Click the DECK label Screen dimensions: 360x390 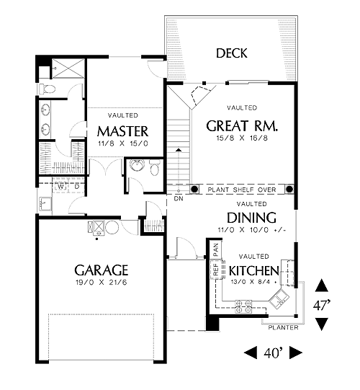232,53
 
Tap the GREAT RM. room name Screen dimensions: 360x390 242,126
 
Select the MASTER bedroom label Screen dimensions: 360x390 123,131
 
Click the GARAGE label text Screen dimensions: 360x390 101,270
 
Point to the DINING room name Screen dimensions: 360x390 251,218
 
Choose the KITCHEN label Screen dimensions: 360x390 254,271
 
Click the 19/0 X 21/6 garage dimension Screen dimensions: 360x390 101,283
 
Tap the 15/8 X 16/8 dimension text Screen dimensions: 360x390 242,138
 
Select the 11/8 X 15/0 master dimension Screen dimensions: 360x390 122,143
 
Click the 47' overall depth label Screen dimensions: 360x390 322,305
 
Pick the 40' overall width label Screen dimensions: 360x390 274,353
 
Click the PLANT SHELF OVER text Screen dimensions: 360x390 242,190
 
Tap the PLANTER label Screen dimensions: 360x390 283,327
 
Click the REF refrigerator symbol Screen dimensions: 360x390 216,270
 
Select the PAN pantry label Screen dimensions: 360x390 216,249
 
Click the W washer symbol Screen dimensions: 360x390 60,187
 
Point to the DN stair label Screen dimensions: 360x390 179,198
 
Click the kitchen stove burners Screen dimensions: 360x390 243,306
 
